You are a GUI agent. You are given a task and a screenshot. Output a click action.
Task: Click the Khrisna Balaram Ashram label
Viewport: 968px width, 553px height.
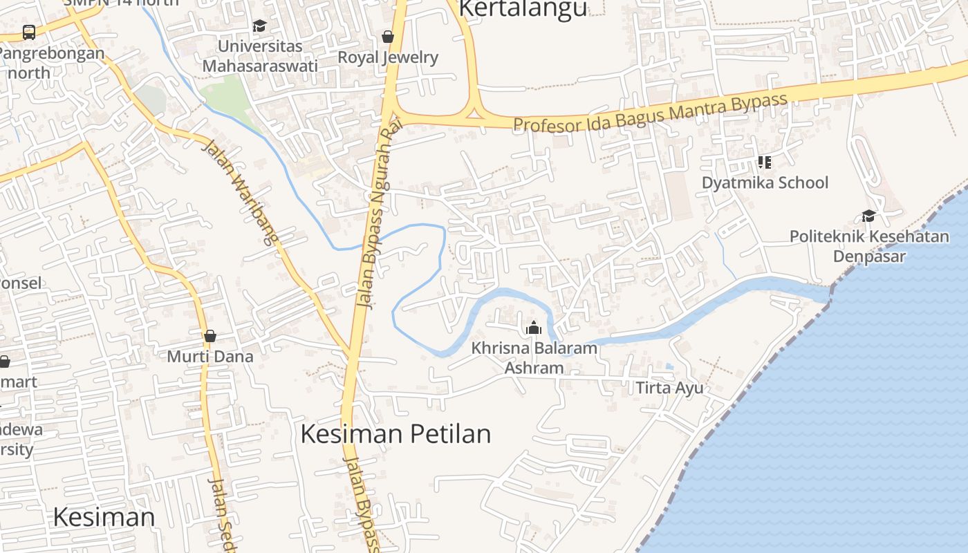pyautogui.click(x=533, y=357)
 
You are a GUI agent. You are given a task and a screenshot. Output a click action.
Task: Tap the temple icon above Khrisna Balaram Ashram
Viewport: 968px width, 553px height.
pyautogui.click(x=533, y=328)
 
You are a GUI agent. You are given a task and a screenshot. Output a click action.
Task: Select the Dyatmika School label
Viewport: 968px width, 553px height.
pyautogui.click(x=765, y=182)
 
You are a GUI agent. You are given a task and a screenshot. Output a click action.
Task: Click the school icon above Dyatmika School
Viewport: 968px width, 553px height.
pyautogui.click(x=764, y=162)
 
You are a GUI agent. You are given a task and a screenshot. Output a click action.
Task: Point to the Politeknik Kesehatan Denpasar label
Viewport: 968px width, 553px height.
pyautogui.click(x=869, y=246)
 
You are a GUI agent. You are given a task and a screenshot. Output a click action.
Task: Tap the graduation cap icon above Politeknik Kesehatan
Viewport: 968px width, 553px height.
pyautogui.click(x=868, y=216)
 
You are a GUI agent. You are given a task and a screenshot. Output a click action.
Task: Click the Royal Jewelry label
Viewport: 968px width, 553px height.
pyautogui.click(x=388, y=57)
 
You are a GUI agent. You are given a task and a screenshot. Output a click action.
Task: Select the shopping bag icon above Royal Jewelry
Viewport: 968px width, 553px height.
pyautogui.click(x=388, y=37)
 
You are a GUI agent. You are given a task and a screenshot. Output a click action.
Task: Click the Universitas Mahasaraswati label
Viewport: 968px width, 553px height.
pyautogui.click(x=260, y=56)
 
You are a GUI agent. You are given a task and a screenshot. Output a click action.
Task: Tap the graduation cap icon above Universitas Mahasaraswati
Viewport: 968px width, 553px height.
pyautogui.click(x=259, y=26)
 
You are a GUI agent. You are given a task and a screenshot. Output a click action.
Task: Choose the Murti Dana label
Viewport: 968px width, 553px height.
pyautogui.click(x=210, y=357)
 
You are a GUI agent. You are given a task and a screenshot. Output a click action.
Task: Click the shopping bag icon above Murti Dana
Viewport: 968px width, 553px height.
pyautogui.click(x=210, y=336)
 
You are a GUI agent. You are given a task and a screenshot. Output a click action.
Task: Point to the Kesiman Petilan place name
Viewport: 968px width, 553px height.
pyautogui.click(x=395, y=434)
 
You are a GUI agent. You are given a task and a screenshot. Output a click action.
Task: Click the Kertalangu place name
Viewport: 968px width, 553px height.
pyautogui.click(x=523, y=8)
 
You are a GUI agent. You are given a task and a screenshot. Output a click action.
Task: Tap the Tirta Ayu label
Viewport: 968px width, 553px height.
pyautogui.click(x=669, y=387)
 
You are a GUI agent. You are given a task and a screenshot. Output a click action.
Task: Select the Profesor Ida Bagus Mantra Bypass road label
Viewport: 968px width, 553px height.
pyautogui.click(x=650, y=113)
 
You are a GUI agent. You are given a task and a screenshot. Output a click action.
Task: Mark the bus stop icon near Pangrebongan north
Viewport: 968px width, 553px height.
pyautogui.click(x=29, y=32)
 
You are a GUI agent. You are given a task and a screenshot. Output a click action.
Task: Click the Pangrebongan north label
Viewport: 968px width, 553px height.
pyautogui.click(x=51, y=62)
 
